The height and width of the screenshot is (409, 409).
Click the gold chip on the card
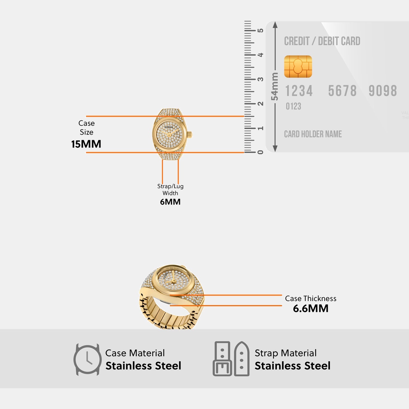(x=298, y=67)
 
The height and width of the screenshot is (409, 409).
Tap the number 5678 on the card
(x=342, y=91)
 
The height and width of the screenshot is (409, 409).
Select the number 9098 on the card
(x=383, y=91)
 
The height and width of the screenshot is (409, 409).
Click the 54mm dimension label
(x=275, y=86)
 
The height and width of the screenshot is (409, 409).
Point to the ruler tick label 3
(x=261, y=79)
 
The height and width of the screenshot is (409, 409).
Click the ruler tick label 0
(x=261, y=152)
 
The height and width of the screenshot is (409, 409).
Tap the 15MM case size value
(x=86, y=144)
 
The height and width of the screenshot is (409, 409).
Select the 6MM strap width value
(x=170, y=202)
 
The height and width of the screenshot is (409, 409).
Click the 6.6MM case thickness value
(x=311, y=308)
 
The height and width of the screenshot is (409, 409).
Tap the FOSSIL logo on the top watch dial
(x=169, y=127)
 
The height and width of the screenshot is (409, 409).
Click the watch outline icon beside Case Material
(x=87, y=360)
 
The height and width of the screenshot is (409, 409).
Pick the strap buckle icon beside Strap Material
(x=231, y=359)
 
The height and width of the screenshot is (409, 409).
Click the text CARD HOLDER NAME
(x=313, y=134)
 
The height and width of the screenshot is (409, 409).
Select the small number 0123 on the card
(x=293, y=106)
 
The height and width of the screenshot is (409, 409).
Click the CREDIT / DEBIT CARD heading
(x=322, y=41)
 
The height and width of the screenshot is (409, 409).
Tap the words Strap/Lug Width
(x=170, y=190)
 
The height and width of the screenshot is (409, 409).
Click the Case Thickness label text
(x=311, y=298)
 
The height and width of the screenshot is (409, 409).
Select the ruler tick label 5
(x=261, y=30)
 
